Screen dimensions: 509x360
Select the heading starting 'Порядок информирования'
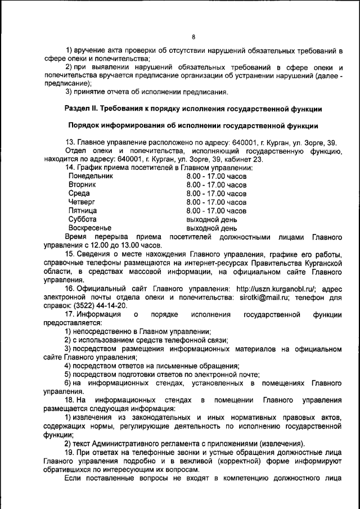[193, 125]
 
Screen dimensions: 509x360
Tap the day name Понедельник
[91, 176]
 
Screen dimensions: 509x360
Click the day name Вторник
[82, 184]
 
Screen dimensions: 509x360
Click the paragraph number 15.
[69, 254]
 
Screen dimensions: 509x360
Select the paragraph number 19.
[69, 453]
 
